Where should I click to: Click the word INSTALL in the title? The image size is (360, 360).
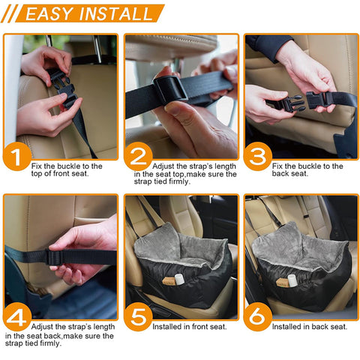coord(115,13)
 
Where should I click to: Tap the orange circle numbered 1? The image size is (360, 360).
coord(17,157)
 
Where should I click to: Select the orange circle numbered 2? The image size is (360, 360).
coord(138,157)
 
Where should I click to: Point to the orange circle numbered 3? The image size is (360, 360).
coord(258,157)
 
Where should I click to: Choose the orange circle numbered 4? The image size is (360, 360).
coord(17,316)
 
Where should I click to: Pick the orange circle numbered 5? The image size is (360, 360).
coord(138,316)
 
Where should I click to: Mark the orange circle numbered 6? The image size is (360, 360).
coord(258,316)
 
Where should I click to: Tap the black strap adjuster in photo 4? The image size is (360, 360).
coord(54,257)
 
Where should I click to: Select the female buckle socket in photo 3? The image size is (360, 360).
coord(316,100)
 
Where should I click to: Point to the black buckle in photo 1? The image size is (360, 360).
coord(63,88)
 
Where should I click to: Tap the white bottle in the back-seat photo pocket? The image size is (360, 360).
coord(292,280)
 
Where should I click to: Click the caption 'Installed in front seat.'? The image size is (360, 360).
coord(190,327)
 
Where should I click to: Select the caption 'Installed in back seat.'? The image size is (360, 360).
coord(310,327)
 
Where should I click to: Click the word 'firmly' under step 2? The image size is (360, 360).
coord(179,181)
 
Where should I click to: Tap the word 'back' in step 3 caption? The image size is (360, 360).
coord(280,173)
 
